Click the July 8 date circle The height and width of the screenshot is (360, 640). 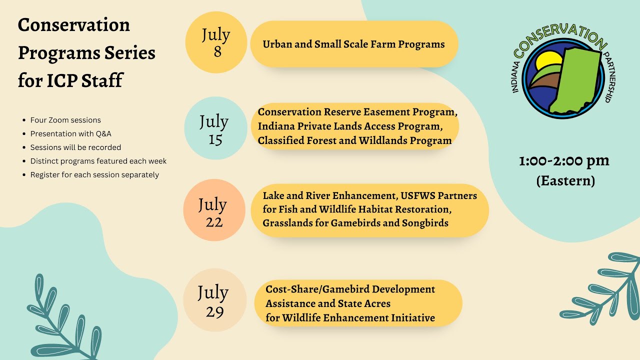pyautogui.click(x=216, y=42)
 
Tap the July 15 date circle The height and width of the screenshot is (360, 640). pyautogui.click(x=215, y=129)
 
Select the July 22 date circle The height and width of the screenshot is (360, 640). pyautogui.click(x=214, y=212)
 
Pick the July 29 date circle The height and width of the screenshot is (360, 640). pyautogui.click(x=214, y=300)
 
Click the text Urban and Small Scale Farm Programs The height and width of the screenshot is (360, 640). pyautogui.click(x=353, y=44)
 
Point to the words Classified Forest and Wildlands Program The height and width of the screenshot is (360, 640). pyautogui.click(x=354, y=141)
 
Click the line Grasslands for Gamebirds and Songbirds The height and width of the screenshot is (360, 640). pyautogui.click(x=355, y=223)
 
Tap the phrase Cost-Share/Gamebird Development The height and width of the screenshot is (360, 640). pyautogui.click(x=350, y=289)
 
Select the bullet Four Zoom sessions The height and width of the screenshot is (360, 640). pyautogui.click(x=65, y=120)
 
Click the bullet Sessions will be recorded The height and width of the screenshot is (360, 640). pyautogui.click(x=75, y=147)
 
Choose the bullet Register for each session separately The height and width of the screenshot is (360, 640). pyautogui.click(x=94, y=175)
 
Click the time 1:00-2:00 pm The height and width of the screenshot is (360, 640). pyautogui.click(x=564, y=161)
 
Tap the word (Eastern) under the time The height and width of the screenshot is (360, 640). pyautogui.click(x=565, y=180)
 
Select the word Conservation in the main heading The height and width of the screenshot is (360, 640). pyautogui.click(x=74, y=25)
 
